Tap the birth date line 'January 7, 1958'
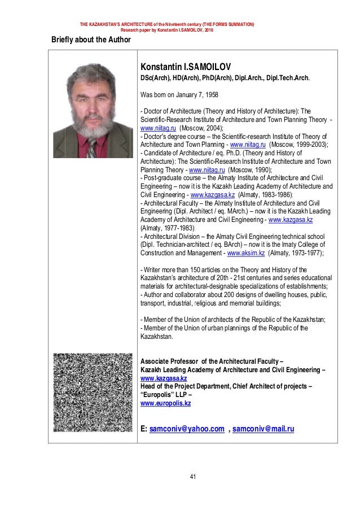pyautogui.click(x=190, y=95)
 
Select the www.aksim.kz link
pyautogui.click(x=245, y=254)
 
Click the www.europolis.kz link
pyautogui.click(x=165, y=403)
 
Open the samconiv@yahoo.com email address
pyautogui.click(x=186, y=429)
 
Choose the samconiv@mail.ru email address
pyautogui.click(x=263, y=429)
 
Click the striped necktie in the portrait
pyautogui.click(x=91, y=147)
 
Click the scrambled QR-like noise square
pyautogui.click(x=92, y=393)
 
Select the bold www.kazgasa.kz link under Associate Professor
pyautogui.click(x=163, y=378)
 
